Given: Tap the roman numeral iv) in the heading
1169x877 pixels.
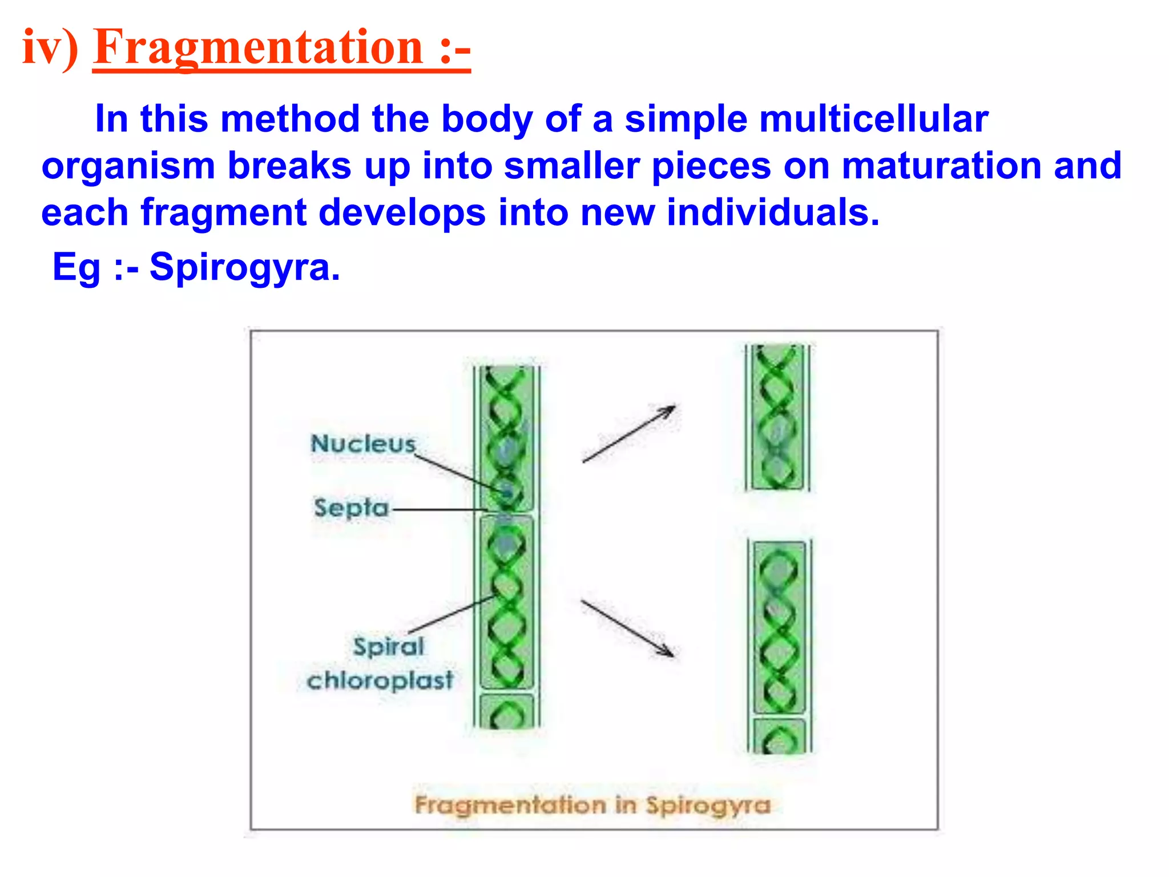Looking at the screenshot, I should [x=50, y=48].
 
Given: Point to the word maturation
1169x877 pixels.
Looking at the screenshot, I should [x=941, y=166].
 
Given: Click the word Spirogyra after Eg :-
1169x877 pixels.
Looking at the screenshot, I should [x=244, y=267].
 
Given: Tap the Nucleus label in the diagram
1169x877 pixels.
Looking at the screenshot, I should [x=363, y=444].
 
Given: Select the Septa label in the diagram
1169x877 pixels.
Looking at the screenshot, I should [x=351, y=508].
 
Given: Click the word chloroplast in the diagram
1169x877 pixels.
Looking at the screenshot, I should [x=380, y=680].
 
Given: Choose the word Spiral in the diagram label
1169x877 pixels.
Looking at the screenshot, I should [x=389, y=647].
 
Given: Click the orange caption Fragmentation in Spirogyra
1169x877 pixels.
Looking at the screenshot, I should [x=592, y=805].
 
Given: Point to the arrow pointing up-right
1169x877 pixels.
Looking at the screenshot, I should [x=628, y=434].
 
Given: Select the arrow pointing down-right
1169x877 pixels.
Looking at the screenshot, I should [x=627, y=628].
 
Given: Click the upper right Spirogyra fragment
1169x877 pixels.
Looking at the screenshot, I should [x=777, y=417].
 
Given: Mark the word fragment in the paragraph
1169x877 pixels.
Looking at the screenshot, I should [x=224, y=212].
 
